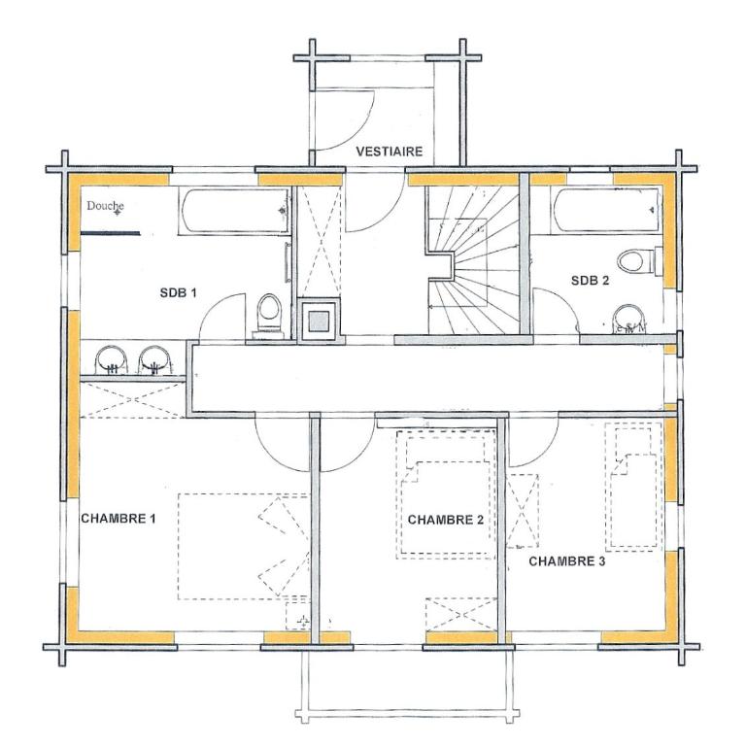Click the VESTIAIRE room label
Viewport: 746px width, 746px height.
pyautogui.click(x=390, y=152)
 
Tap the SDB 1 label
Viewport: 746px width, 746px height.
pyautogui.click(x=178, y=292)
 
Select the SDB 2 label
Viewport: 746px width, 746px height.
pyautogui.click(x=590, y=280)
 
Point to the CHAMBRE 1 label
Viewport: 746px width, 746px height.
pyautogui.click(x=118, y=518)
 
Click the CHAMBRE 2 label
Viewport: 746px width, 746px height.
pyautogui.click(x=445, y=520)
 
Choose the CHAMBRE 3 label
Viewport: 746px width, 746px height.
pyautogui.click(x=567, y=561)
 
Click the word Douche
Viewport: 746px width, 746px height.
pyautogui.click(x=105, y=206)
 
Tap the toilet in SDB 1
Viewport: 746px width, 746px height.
pyautogui.click(x=269, y=316)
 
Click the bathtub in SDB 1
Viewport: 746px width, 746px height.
pyautogui.click(x=234, y=211)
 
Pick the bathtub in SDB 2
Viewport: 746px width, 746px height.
pyautogui.click(x=606, y=211)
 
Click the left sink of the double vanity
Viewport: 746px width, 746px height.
pyautogui.click(x=112, y=359)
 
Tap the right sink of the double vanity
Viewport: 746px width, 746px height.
pyautogui.click(x=154, y=359)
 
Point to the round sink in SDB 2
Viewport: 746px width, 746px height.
pyautogui.click(x=628, y=319)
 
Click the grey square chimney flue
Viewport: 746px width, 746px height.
pyautogui.click(x=320, y=321)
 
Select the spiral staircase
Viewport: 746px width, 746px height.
pyautogui.click(x=474, y=260)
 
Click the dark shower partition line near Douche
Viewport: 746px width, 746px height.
pyautogui.click(x=111, y=233)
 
